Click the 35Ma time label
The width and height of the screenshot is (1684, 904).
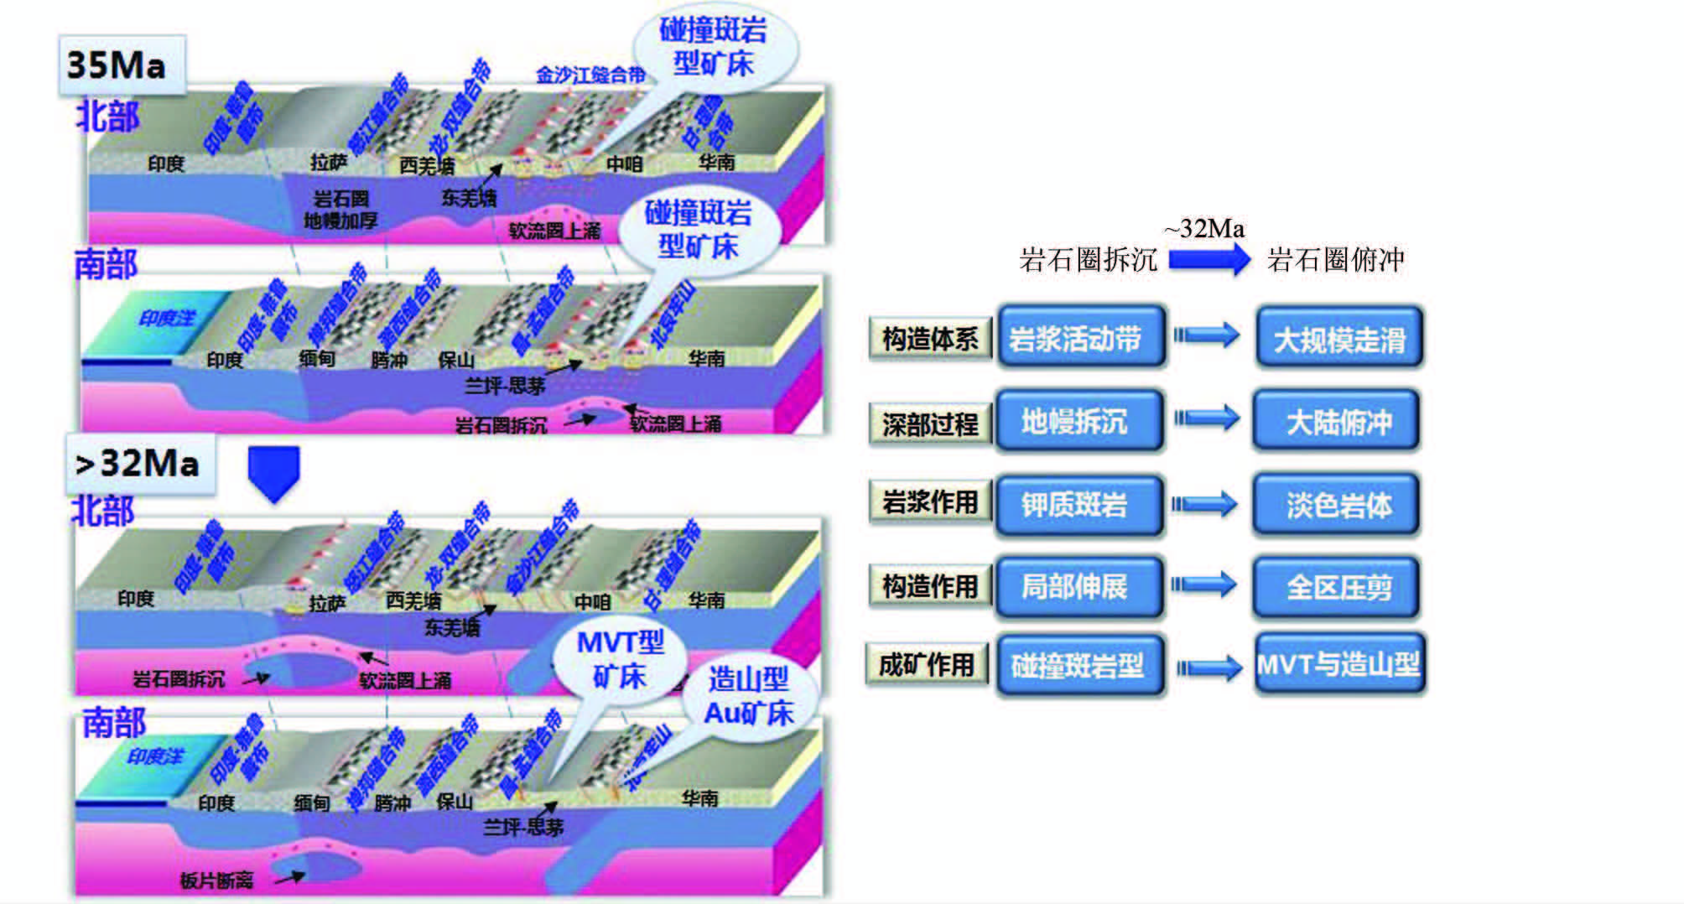117,65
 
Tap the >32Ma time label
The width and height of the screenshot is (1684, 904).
138,464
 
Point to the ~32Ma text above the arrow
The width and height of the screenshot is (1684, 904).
1203,229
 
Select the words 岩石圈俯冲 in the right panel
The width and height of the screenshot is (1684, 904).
1335,260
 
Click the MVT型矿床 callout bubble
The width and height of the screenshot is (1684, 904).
621,659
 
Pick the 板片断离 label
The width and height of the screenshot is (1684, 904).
216,880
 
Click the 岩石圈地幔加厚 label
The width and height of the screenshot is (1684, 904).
340,210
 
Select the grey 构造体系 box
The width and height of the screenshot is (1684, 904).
929,339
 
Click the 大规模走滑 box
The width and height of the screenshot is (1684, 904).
1339,340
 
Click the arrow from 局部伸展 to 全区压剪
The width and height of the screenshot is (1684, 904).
1204,584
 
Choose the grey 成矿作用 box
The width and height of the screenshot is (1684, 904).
927,665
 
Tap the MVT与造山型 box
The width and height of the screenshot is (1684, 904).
1338,665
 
